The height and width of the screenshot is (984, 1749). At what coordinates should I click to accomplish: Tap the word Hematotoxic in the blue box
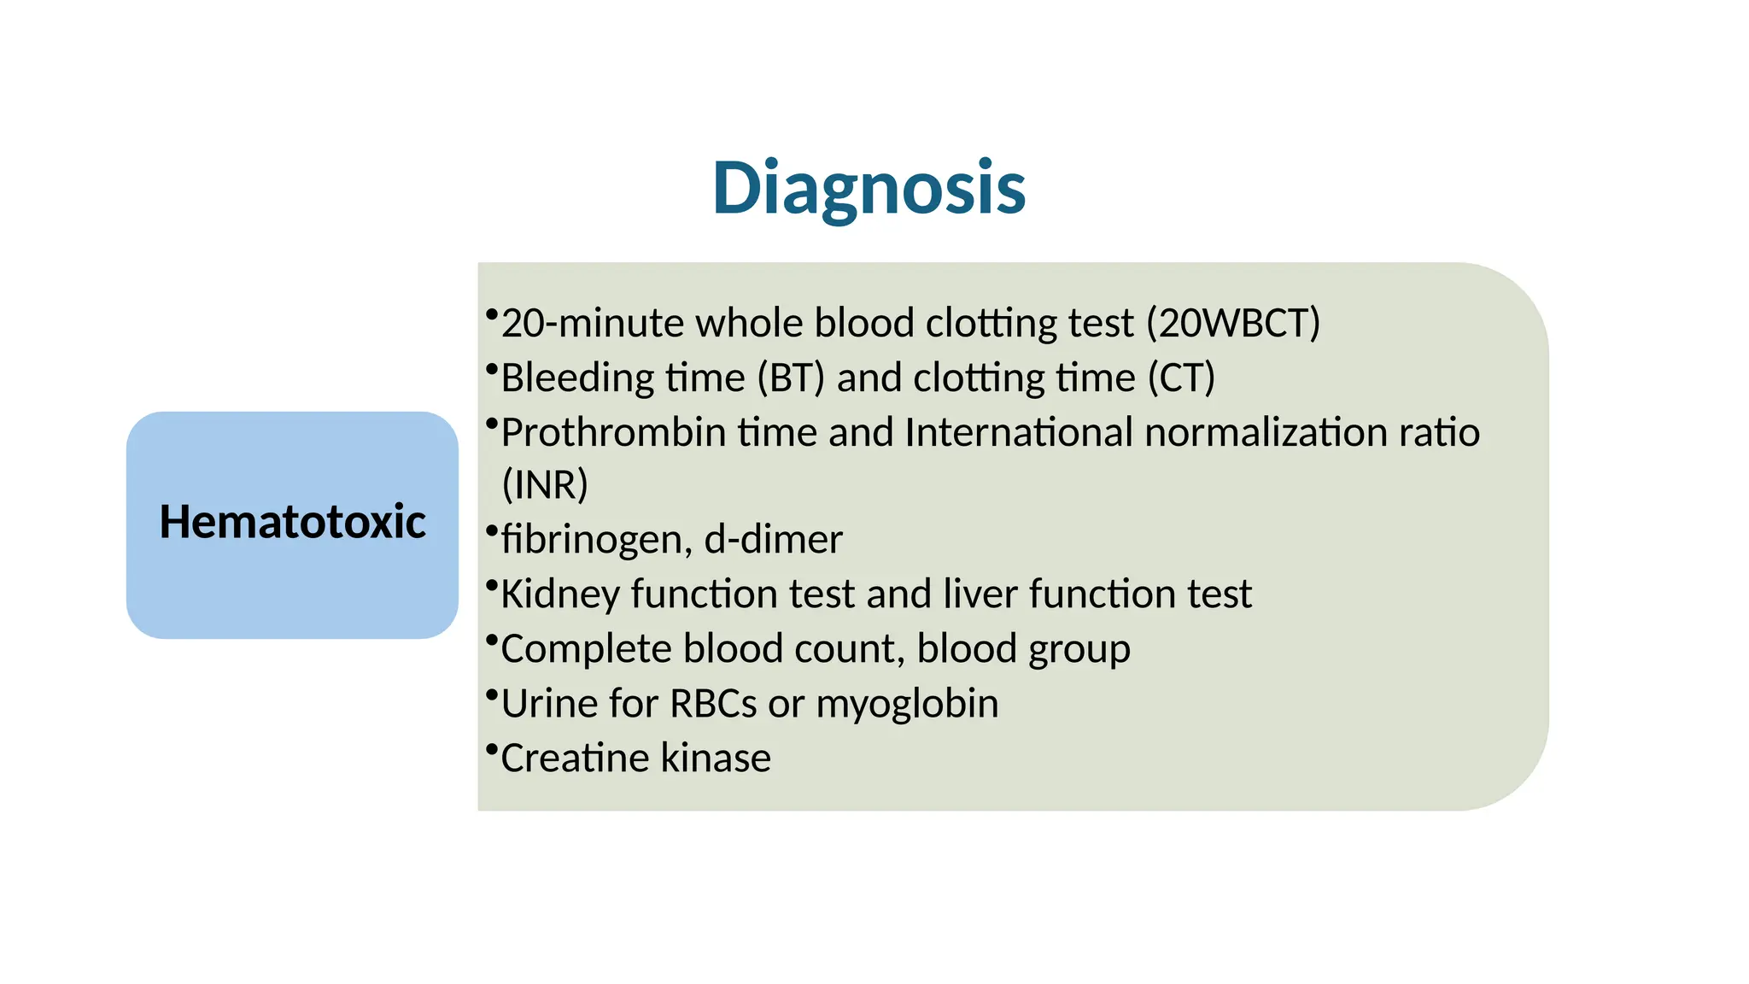point(292,522)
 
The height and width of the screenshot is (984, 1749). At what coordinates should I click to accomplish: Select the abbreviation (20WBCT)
point(1233,324)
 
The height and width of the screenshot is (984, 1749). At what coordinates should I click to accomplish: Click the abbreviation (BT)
point(791,378)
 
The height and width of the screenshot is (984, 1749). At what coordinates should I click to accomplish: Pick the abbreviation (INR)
point(545,484)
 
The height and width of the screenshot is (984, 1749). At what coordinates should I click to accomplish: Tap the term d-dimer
point(773,540)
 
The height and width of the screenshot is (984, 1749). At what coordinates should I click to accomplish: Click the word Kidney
point(559,594)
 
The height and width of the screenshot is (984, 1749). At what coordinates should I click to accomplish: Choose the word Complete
point(586,649)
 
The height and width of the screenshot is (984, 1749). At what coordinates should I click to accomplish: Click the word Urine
point(548,704)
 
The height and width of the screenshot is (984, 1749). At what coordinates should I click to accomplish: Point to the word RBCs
point(713,704)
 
